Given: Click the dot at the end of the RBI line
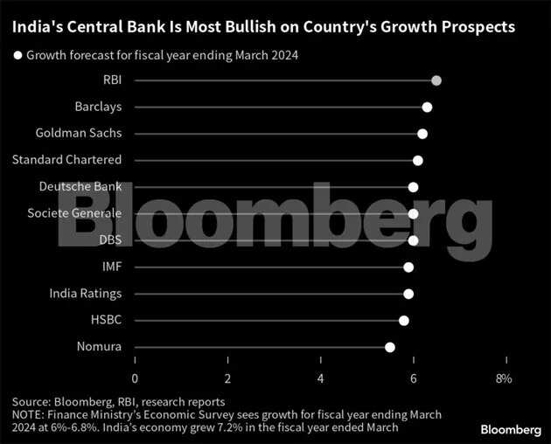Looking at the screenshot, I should click(x=436, y=80).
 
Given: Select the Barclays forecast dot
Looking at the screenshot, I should click(x=427, y=108).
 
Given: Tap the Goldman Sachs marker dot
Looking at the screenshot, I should click(x=422, y=134).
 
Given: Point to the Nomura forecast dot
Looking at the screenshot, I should click(x=390, y=347).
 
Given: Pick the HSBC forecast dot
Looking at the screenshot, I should click(x=404, y=321).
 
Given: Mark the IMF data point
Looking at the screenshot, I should click(x=408, y=267).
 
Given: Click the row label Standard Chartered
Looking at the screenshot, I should click(x=67, y=160).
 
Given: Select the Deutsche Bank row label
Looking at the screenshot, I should click(x=80, y=187).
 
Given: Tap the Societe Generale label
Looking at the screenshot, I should click(x=74, y=213).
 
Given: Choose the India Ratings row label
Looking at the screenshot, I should click(x=86, y=294).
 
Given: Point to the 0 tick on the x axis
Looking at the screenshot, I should click(x=135, y=378).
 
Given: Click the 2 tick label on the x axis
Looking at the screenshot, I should click(x=228, y=378).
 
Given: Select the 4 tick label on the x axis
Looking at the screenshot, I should click(x=321, y=378).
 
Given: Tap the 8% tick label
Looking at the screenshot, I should click(x=504, y=378).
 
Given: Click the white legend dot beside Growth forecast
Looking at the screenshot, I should click(x=17, y=55).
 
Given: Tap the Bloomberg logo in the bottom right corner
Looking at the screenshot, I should click(x=511, y=429).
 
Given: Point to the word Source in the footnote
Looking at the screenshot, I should click(x=31, y=402).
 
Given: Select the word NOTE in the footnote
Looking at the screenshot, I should click(x=29, y=414).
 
